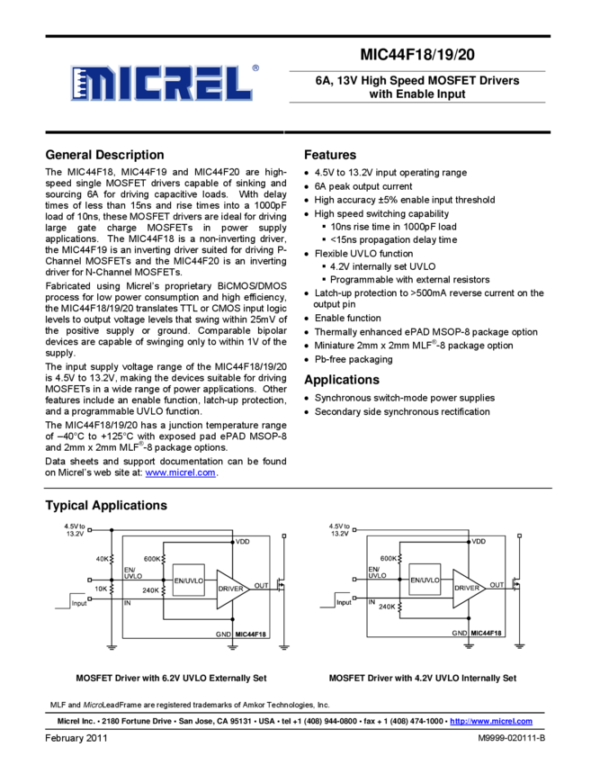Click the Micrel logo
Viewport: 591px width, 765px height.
point(161,83)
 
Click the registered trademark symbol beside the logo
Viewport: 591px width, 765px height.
point(256,67)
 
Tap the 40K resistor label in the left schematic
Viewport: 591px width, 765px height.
point(101,559)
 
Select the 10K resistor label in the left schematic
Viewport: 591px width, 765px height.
point(101,589)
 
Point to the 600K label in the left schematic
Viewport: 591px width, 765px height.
point(151,559)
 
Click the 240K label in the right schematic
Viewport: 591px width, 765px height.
point(388,607)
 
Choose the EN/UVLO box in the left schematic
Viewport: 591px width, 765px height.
point(189,580)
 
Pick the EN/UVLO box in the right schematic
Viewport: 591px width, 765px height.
point(425,580)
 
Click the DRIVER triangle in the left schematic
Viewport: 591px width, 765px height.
point(230,588)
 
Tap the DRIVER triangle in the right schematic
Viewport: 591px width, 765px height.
point(466,588)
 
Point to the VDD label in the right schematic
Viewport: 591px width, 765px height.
point(479,542)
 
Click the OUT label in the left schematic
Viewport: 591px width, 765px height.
point(261,586)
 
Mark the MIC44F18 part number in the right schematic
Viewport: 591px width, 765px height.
point(486,634)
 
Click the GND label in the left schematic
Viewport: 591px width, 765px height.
point(223,634)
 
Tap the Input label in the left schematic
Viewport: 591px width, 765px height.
point(79,603)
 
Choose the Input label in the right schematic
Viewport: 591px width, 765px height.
point(344,602)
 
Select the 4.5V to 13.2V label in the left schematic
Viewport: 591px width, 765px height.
point(75,529)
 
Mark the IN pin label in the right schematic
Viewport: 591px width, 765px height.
point(373,601)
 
